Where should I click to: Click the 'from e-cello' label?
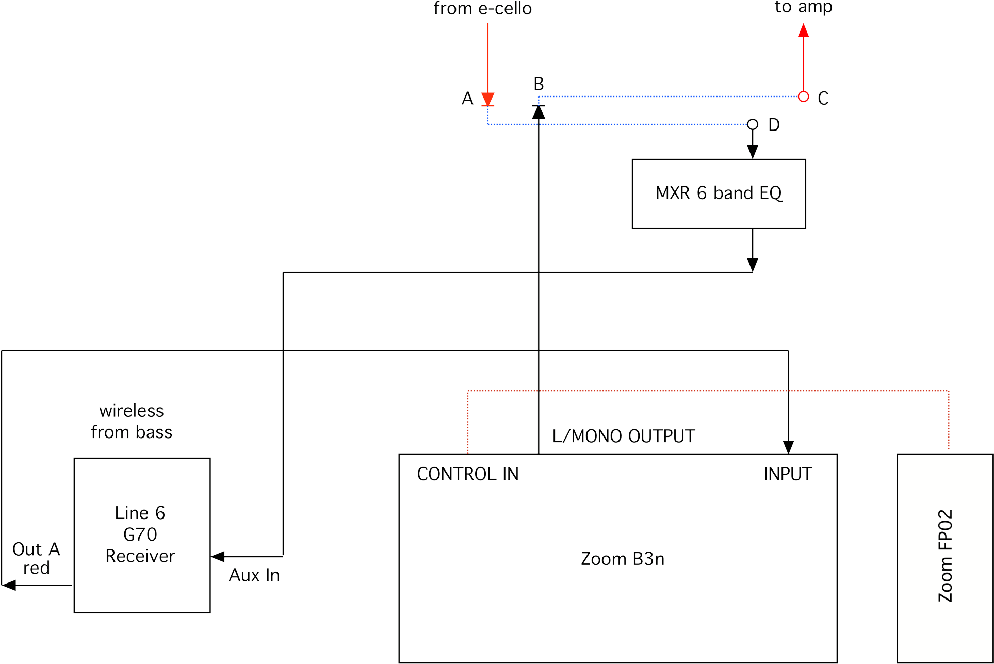pyautogui.click(x=482, y=9)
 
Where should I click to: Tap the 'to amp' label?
pyautogui.click(x=803, y=7)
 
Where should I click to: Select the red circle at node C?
pyautogui.click(x=803, y=96)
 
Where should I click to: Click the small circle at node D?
pyautogui.click(x=753, y=124)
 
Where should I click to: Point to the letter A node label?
pyautogui.click(x=467, y=99)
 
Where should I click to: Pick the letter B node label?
pyautogui.click(x=539, y=83)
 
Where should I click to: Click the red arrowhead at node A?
pyautogui.click(x=487, y=99)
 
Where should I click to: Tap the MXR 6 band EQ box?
pyautogui.click(x=719, y=193)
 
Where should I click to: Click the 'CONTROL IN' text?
pyautogui.click(x=467, y=474)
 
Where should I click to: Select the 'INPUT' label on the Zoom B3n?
pyautogui.click(x=788, y=474)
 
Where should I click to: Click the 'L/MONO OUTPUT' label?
pyautogui.click(x=623, y=436)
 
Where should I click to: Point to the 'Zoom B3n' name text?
pyautogui.click(x=622, y=559)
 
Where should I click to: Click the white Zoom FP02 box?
pyautogui.click(x=944, y=557)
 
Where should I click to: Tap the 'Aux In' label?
pyautogui.click(x=254, y=575)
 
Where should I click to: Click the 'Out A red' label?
pyautogui.click(x=36, y=559)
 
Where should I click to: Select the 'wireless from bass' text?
pyautogui.click(x=132, y=422)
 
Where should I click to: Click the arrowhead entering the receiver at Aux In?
pyautogui.click(x=218, y=557)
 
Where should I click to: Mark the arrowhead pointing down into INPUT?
pyautogui.click(x=788, y=447)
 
